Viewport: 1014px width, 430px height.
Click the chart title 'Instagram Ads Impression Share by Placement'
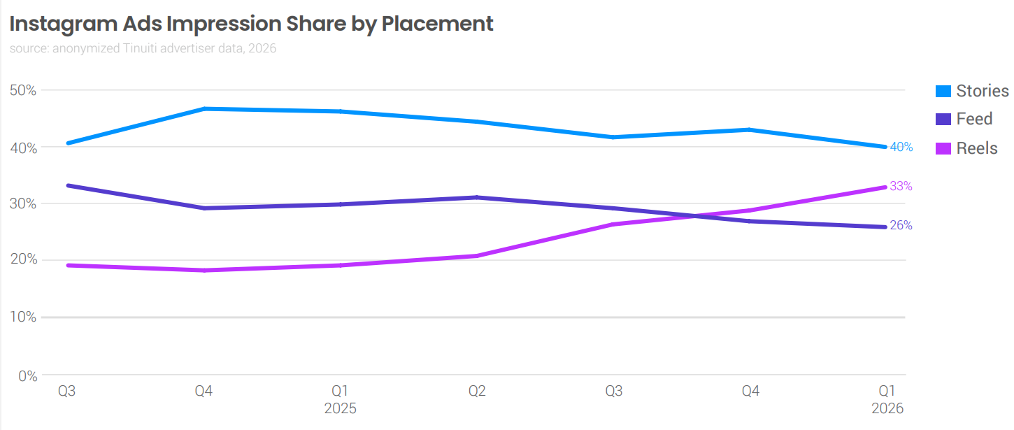251,24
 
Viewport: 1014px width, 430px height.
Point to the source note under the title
143,49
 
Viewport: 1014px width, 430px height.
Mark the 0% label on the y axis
27,376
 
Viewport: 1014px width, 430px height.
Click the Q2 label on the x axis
477,391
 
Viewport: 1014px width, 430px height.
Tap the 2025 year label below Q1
340,408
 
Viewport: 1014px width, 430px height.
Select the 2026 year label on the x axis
887,408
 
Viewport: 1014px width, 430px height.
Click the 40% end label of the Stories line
901,147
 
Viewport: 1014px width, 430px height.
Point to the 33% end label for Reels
901,187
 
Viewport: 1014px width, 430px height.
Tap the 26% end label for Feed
901,226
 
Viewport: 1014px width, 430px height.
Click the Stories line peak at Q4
203,108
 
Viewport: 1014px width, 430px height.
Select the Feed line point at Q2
477,197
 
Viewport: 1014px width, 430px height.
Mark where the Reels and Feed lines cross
696,215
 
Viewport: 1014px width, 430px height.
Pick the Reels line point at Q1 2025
340,265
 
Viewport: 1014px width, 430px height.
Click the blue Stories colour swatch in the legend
943,92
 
